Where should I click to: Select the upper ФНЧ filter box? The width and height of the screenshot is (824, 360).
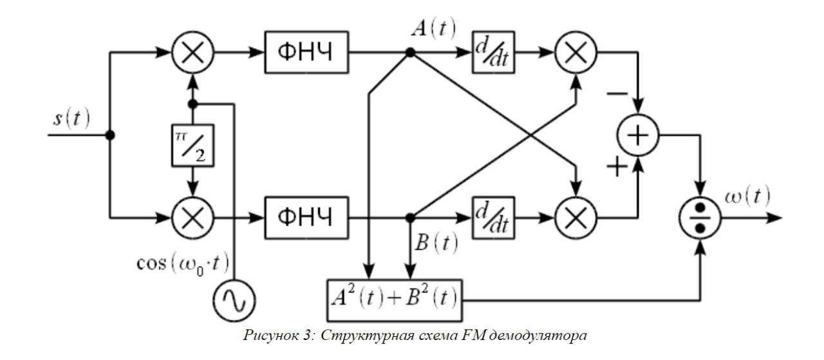pyautogui.click(x=306, y=53)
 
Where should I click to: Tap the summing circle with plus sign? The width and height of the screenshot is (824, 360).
pyautogui.click(x=638, y=136)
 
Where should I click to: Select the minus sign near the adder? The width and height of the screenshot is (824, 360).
pyautogui.click(x=617, y=95)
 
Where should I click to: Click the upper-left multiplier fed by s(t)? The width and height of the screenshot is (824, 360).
pyautogui.click(x=192, y=53)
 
